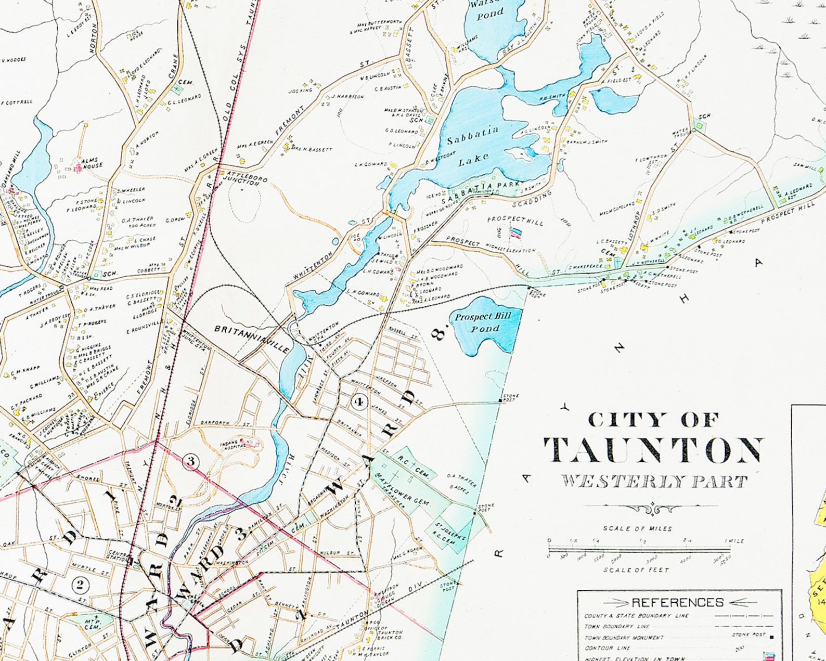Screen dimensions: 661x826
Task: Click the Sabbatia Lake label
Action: [x=473, y=142]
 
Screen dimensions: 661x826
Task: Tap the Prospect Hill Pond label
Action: [x=483, y=322]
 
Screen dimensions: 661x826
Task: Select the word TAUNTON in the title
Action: [x=654, y=450]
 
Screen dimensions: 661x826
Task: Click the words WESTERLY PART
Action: [x=654, y=481]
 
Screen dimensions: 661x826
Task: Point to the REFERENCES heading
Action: [x=677, y=602]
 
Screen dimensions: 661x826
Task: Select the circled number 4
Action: [x=359, y=401]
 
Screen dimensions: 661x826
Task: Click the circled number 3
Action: [x=191, y=461]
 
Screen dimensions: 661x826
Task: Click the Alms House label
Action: [x=92, y=163]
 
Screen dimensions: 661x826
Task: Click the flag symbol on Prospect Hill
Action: [x=516, y=233]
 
